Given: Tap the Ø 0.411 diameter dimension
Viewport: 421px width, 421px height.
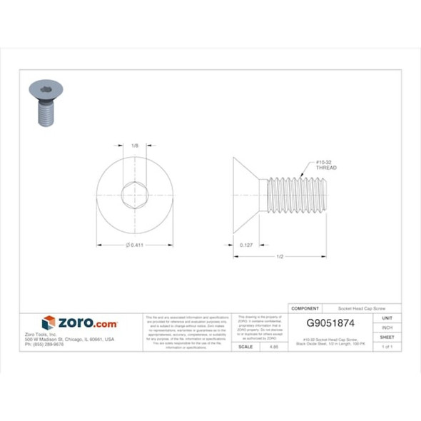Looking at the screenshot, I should click(136, 245).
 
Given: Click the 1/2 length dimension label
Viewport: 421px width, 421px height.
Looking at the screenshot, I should click(280, 257).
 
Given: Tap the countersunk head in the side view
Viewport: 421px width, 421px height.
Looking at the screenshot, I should click(248, 195).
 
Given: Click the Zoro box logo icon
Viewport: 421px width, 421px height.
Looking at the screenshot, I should click(49, 323).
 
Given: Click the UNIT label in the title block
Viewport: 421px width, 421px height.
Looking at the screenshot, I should click(387, 318).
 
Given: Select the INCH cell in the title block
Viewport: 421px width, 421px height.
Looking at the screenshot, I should click(387, 327).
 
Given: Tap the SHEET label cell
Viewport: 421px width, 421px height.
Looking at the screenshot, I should click(387, 337).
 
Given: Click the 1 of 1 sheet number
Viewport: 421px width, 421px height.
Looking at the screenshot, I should click(387, 346).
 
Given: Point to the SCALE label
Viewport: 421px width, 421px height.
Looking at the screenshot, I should click(245, 346).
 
